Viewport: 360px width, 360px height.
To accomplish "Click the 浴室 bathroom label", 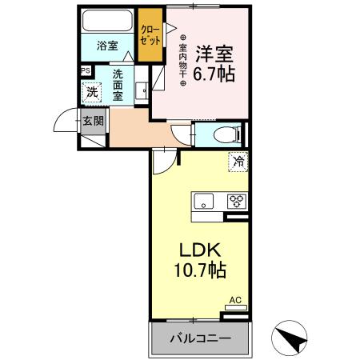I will tap(106, 46).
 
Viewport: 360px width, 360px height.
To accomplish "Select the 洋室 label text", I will tap(214, 54).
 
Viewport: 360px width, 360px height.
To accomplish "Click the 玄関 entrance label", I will tap(92, 122).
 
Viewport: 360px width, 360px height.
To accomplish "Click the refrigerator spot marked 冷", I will tap(238, 161).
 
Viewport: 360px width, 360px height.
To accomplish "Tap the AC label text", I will tap(235, 301).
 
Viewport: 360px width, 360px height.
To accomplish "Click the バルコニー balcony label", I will tap(199, 338).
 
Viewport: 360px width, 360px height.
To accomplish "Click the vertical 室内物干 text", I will tap(182, 58).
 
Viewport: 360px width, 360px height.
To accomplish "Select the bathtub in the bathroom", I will tap(108, 21).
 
